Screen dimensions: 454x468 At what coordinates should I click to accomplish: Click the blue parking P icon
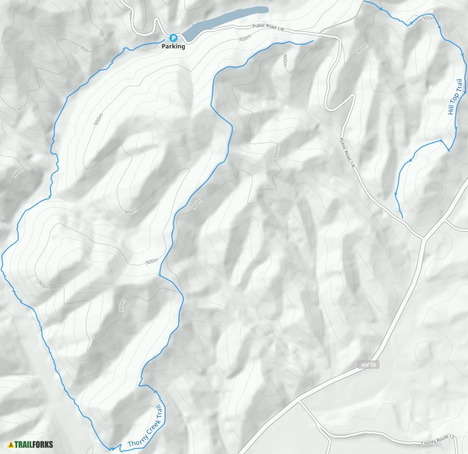(x=173, y=38)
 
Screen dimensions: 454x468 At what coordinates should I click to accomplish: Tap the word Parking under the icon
(x=173, y=47)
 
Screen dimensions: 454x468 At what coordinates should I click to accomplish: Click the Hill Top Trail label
(x=455, y=97)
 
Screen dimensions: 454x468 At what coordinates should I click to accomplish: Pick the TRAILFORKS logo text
(x=34, y=444)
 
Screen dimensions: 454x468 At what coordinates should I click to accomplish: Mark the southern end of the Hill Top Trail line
(x=402, y=217)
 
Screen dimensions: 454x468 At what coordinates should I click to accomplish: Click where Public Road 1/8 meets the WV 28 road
(x=423, y=238)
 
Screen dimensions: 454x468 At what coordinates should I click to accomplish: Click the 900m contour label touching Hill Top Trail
(x=427, y=18)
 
